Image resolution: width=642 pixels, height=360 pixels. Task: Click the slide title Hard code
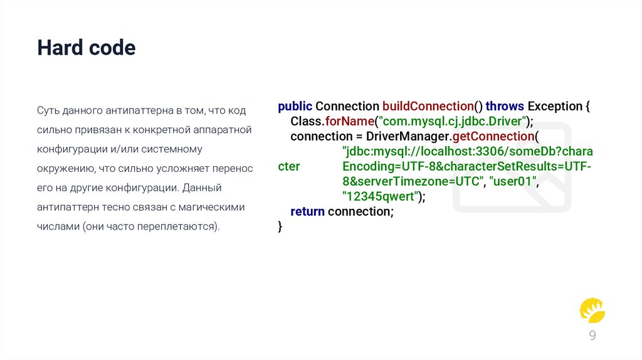(x=86, y=48)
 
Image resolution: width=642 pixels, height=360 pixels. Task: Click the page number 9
(x=592, y=336)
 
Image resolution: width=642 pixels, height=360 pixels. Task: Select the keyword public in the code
(x=295, y=106)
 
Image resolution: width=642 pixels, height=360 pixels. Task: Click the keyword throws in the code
(x=505, y=106)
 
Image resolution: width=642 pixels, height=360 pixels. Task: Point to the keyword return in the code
(x=307, y=211)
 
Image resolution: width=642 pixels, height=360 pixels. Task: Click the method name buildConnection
(x=428, y=106)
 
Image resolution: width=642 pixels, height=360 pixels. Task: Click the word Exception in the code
(x=555, y=106)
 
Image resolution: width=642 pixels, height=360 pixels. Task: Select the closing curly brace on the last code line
(x=280, y=226)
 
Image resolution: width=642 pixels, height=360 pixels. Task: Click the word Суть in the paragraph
(x=47, y=110)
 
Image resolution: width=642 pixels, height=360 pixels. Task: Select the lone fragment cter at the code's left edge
(x=288, y=166)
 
